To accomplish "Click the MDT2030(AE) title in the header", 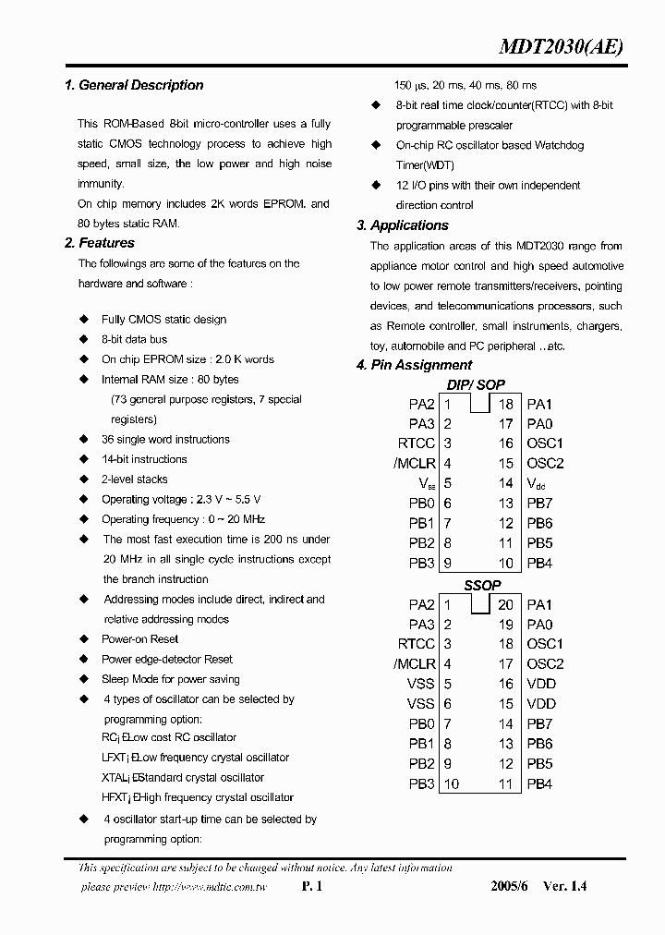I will coord(561,48).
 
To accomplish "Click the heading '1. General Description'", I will coord(134,85).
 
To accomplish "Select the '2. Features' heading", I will coord(100,243).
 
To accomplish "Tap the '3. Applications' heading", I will coord(403,225).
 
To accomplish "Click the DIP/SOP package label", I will coord(476,384).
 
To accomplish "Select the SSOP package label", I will coord(481,585).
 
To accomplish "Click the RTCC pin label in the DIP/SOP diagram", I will coord(417,443).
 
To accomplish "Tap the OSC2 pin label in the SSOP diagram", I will coord(545,663).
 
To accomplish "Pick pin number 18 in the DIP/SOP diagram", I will coord(506,404).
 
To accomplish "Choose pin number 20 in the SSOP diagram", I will coord(506,604).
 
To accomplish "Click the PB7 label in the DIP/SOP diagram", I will coord(539,504).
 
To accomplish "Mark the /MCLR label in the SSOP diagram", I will coord(414,663).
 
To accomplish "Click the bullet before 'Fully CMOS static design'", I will coord(84,320).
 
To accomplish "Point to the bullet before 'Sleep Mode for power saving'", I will coord(84,679).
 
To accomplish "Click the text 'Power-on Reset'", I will coord(139,639).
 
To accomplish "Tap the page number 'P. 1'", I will coord(311,886).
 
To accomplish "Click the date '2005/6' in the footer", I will coord(507,886).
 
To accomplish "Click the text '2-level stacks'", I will coord(135,480).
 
